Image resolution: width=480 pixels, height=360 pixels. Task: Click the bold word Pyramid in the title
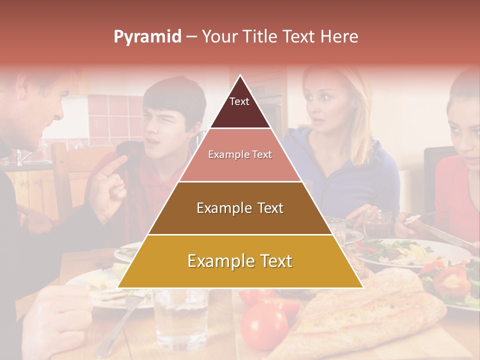click(147, 37)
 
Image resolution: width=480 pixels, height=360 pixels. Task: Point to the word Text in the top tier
click(239, 101)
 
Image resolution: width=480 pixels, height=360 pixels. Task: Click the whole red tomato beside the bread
click(264, 325)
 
